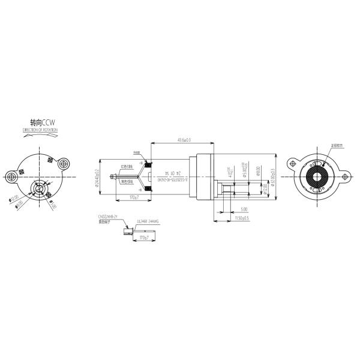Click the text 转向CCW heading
41,122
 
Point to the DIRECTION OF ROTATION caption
41,129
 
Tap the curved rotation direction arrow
41,136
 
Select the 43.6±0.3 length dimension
184,140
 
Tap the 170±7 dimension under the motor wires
134,197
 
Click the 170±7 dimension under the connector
143,238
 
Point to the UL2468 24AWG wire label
147,221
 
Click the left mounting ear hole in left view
11,176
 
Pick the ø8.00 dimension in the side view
258,172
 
